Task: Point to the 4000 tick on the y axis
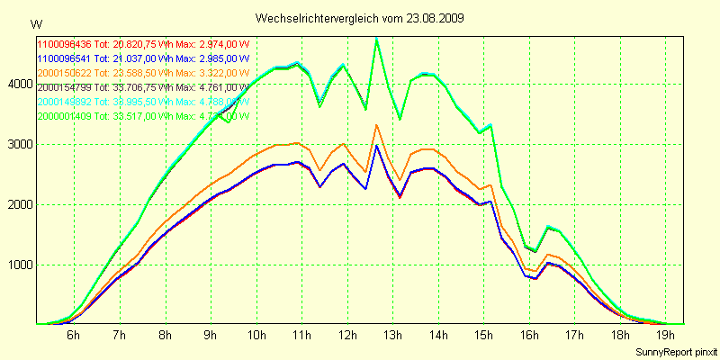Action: tap(18, 84)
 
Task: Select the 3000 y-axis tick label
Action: tap(18, 144)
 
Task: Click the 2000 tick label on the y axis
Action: tap(18, 204)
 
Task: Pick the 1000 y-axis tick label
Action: tap(18, 265)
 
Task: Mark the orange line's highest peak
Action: tap(376, 125)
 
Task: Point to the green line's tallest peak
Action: tap(376, 39)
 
